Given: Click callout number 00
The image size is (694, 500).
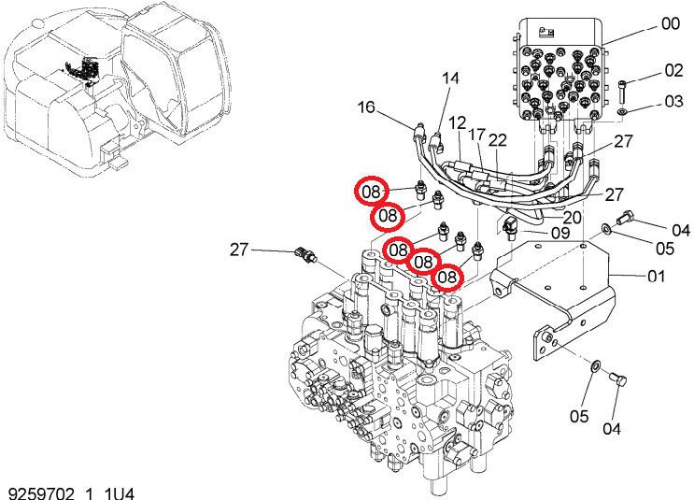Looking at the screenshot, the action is [671, 23].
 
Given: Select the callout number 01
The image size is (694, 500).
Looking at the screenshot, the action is [657, 277].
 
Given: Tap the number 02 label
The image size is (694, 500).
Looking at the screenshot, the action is [673, 70].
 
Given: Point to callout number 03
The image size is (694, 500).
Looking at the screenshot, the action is [673, 102].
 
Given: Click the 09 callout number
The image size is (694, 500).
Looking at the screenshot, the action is [560, 233].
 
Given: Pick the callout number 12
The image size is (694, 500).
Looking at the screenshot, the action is [458, 123].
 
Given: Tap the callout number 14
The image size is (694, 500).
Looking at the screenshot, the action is [450, 79].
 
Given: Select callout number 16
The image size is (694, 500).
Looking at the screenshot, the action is [366, 107].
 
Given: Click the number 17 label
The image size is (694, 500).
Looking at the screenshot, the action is [477, 135].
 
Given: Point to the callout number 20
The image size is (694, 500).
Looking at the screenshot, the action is [572, 218].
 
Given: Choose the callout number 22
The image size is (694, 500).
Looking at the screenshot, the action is [498, 140].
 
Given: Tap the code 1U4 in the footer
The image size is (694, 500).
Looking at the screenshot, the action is [119, 493].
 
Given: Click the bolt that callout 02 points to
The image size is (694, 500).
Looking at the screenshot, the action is [622, 91].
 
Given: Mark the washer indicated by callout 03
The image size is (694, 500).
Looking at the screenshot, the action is [622, 110].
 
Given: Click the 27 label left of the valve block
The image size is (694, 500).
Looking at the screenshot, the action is [239, 250].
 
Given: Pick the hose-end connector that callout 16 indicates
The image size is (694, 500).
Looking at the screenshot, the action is [418, 132].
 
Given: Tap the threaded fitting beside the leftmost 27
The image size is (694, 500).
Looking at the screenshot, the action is [305, 255].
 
